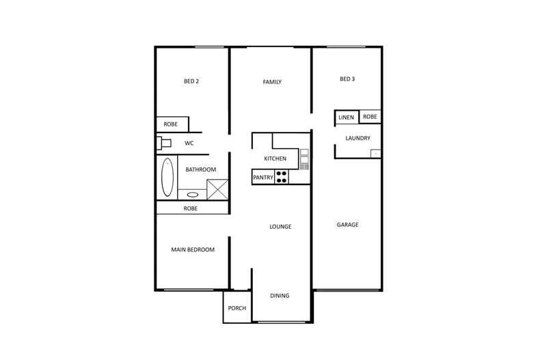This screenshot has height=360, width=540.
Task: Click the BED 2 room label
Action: tap(191, 82)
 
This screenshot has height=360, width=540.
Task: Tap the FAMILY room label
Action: tap(272, 82)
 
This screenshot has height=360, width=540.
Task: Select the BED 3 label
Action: tap(347, 79)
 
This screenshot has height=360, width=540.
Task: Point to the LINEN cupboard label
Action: tap(347, 117)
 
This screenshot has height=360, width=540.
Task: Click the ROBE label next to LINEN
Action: tap(370, 117)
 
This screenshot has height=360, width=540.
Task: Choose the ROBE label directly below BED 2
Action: tap(170, 125)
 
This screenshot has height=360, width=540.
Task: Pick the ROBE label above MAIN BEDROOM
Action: tap(190, 208)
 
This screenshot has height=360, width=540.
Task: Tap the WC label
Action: tap(189, 143)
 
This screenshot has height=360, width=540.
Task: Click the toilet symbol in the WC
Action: tap(164, 143)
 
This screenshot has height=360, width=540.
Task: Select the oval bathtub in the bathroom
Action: tap(167, 178)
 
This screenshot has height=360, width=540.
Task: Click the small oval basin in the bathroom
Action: tap(193, 195)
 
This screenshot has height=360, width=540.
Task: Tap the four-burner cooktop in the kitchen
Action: tap(282, 178)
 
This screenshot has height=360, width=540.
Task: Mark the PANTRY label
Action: tap(263, 178)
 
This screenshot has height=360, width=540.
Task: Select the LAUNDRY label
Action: tap(358, 138)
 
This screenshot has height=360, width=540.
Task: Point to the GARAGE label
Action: tap(347, 225)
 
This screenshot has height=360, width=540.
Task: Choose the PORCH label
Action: tap(237, 308)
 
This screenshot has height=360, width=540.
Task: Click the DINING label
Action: tap(280, 296)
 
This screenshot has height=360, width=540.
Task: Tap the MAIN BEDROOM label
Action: tap(192, 250)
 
